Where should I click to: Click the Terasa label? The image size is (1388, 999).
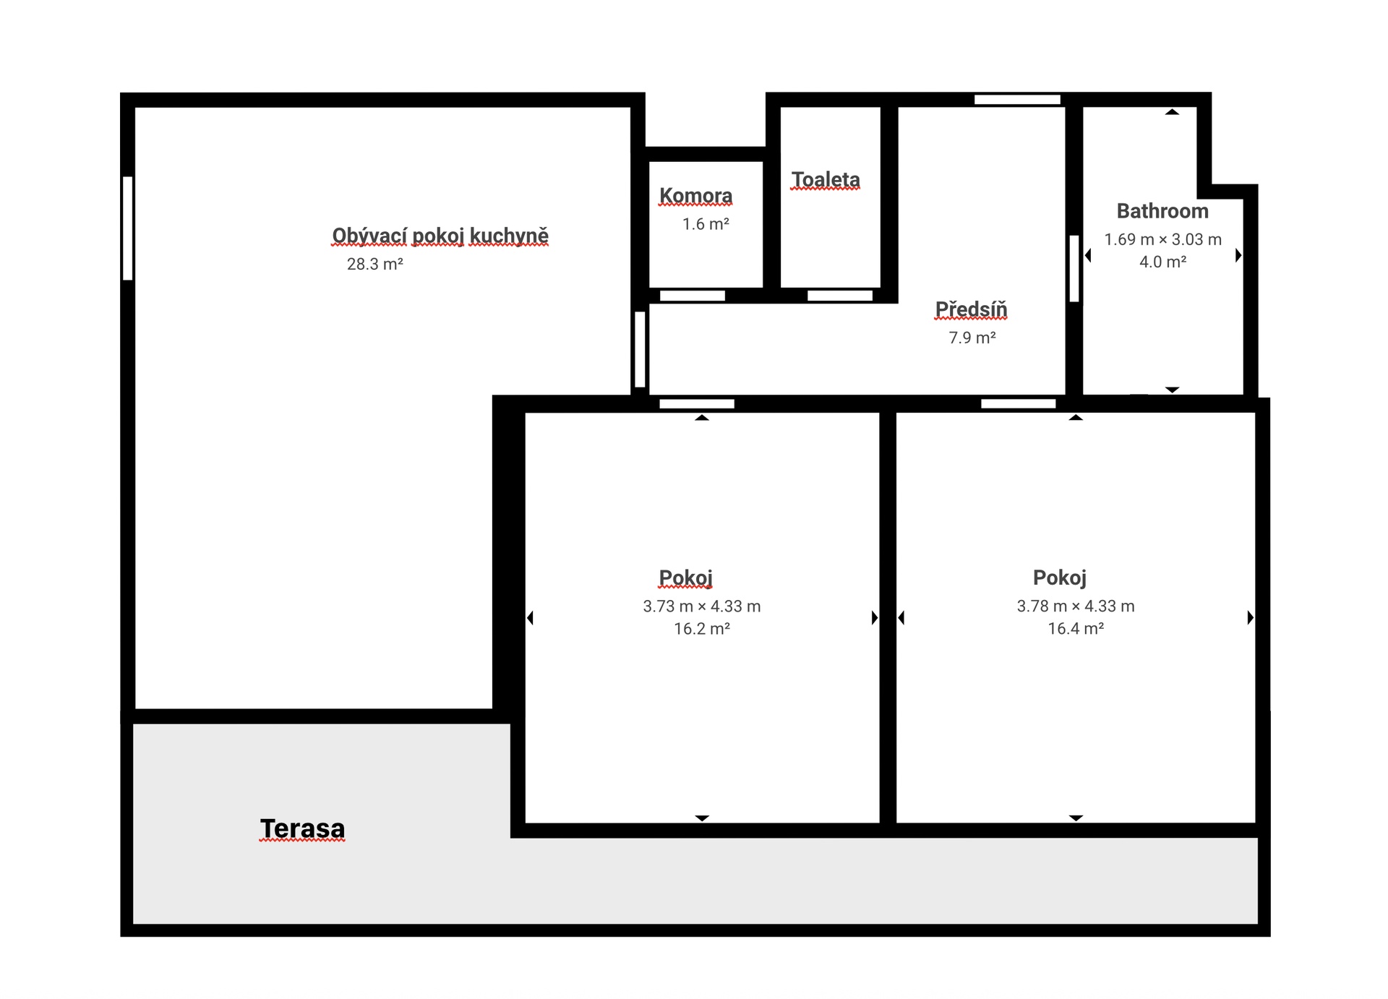pyautogui.click(x=302, y=828)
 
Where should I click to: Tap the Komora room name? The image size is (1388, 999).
pyautogui.click(x=695, y=196)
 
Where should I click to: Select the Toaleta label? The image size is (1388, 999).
pyautogui.click(x=826, y=179)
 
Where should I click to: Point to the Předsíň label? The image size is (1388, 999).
pyautogui.click(x=971, y=309)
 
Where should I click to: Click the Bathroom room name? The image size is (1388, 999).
pyautogui.click(x=1162, y=211)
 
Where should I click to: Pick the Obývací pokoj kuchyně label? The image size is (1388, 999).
pyautogui.click(x=440, y=236)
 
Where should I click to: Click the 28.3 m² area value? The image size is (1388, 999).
pyautogui.click(x=374, y=264)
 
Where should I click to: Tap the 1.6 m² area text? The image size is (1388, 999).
pyautogui.click(x=706, y=224)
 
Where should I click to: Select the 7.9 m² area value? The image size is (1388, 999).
pyautogui.click(x=972, y=338)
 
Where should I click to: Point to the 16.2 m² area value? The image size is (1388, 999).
pyautogui.click(x=702, y=629)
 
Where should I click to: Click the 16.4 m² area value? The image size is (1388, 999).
pyautogui.click(x=1076, y=629)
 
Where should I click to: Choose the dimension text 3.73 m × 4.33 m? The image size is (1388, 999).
pyautogui.click(x=702, y=606)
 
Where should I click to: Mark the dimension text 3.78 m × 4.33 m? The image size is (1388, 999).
pyautogui.click(x=1076, y=606)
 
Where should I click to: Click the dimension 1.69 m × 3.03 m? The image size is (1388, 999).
pyautogui.click(x=1162, y=239)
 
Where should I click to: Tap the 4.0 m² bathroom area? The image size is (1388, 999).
pyautogui.click(x=1162, y=262)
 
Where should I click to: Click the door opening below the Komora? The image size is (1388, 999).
pyautogui.click(x=693, y=296)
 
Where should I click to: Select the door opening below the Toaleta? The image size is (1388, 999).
pyautogui.click(x=840, y=296)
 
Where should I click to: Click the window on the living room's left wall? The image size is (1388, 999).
pyautogui.click(x=128, y=228)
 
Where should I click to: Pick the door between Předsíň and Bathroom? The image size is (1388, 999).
pyautogui.click(x=1074, y=268)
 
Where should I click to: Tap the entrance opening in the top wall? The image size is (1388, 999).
pyautogui.click(x=1017, y=100)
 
